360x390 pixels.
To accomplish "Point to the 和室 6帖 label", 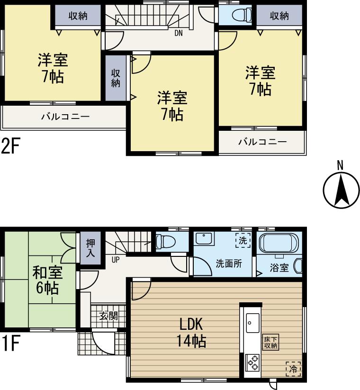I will click(47, 280).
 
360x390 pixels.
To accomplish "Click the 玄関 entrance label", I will click(108, 316).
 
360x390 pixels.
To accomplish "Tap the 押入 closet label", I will click(90, 248).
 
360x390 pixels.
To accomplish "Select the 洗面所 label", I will click(229, 263).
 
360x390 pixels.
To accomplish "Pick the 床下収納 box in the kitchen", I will click(271, 343).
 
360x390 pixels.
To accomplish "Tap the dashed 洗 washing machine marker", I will click(242, 240).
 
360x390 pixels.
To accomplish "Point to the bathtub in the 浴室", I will click(279, 243).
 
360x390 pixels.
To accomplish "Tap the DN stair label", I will click(179, 33).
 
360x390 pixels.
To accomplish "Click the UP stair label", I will click(115, 259).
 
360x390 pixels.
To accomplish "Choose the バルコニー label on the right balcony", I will click(262, 141).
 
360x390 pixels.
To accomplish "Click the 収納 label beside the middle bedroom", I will click(116, 77).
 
